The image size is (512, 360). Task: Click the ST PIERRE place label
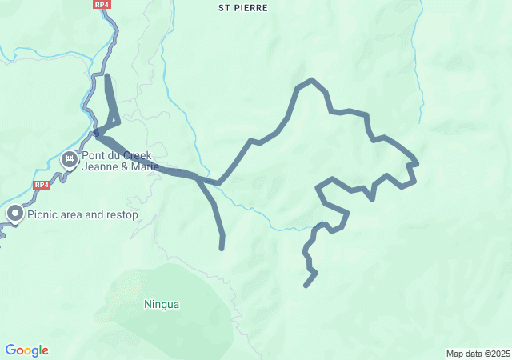pos(243,7)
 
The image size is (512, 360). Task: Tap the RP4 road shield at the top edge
pos(102,5)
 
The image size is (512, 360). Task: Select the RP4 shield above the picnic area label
pos(42,185)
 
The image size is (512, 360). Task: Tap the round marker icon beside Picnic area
pos(15,214)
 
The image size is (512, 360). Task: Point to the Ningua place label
pos(162,304)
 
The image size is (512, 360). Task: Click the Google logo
pos(26,350)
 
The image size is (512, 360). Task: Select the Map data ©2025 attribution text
pos(478,354)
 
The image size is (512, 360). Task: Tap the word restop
pos(121,214)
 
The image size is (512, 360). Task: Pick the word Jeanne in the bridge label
pos(100,168)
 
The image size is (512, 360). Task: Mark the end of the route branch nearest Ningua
pos(222,248)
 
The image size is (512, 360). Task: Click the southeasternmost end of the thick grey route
pos(306,285)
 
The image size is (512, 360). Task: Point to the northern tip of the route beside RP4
pos(107,77)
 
